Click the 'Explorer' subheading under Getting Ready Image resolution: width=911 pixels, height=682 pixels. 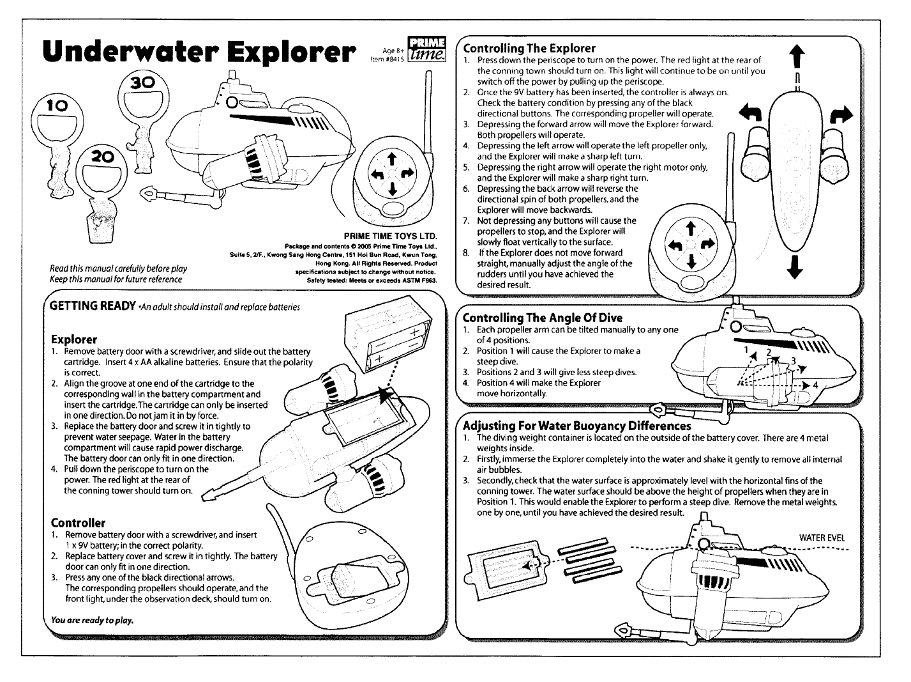coord(74,339)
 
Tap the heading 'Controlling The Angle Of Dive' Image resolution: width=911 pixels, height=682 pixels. coord(542,318)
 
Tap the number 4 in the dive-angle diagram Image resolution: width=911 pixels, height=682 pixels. coord(815,385)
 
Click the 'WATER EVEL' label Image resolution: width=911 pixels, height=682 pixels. coord(822,538)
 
